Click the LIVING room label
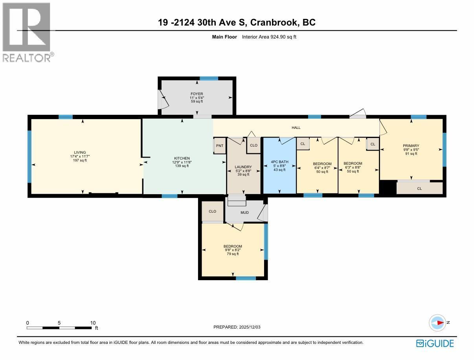[x=80, y=152]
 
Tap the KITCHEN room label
[x=182, y=158]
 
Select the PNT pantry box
[x=220, y=146]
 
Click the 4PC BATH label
[x=279, y=162]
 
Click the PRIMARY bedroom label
[x=411, y=146]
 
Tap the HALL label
[x=296, y=128]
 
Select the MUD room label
[x=245, y=213]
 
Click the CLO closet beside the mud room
[x=213, y=211]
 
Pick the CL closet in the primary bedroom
[x=419, y=189]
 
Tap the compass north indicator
[x=437, y=323]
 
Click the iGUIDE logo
[x=435, y=343]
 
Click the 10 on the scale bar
[x=93, y=323]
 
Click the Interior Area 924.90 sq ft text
[x=269, y=37]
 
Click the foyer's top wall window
[x=209, y=78]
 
